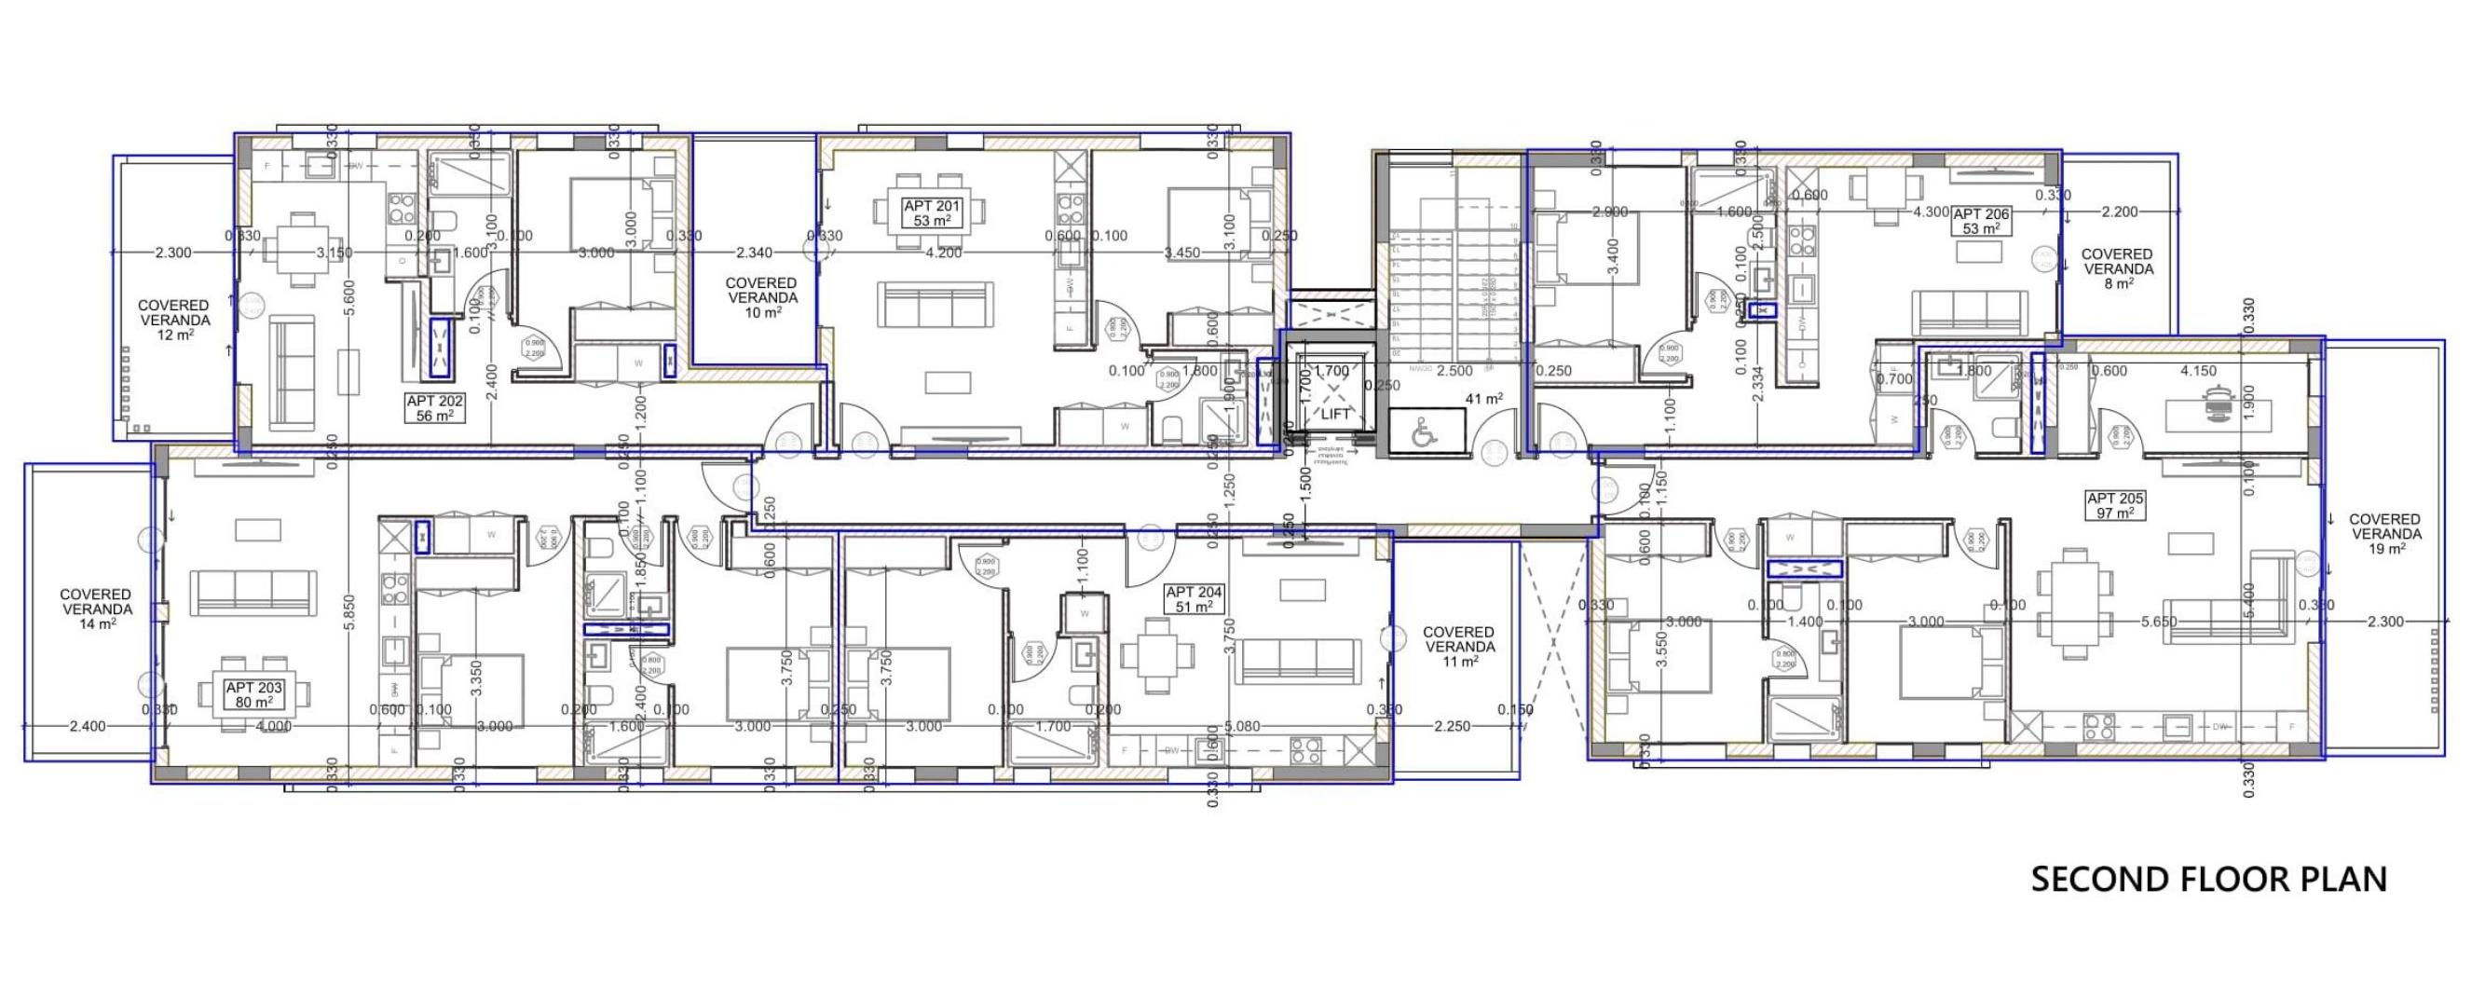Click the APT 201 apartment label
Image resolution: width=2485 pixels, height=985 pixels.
[x=931, y=213]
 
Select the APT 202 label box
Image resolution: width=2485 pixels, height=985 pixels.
[x=435, y=408]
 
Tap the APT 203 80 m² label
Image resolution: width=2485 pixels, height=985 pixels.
[x=253, y=694]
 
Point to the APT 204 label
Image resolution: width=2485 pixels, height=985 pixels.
[x=1194, y=599]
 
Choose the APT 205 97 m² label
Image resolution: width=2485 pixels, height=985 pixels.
[x=2114, y=505]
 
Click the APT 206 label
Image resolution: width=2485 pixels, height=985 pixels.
[x=1981, y=221]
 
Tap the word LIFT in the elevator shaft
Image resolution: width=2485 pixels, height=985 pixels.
[x=1335, y=414]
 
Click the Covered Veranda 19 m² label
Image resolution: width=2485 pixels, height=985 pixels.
[x=2383, y=533]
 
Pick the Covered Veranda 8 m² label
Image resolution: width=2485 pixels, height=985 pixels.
[x=2117, y=268]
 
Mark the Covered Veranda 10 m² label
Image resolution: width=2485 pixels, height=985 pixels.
[x=761, y=298]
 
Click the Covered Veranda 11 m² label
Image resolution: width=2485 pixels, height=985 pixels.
[x=1458, y=647]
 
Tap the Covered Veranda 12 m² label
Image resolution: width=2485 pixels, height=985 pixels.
[x=174, y=320]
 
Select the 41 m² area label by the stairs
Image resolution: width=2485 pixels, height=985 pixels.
[x=1483, y=399]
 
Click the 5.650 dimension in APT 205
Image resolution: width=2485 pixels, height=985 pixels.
[x=2158, y=622]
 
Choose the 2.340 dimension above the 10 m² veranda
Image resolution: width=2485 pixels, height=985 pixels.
[x=754, y=253]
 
